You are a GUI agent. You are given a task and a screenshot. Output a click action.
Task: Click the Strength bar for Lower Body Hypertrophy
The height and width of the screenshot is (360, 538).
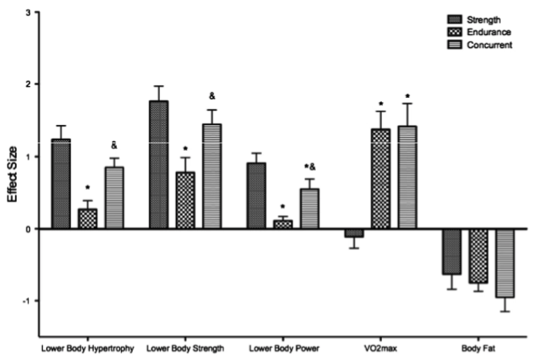tap(60, 184)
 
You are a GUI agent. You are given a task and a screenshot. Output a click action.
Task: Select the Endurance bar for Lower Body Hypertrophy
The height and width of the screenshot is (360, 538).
tap(88, 219)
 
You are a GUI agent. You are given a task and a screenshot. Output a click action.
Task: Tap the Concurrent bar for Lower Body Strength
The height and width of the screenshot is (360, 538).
tap(212, 176)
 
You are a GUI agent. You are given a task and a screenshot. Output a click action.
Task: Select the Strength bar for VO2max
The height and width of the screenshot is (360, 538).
tap(353, 233)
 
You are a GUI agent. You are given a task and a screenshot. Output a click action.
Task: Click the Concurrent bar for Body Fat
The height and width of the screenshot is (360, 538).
tap(506, 263)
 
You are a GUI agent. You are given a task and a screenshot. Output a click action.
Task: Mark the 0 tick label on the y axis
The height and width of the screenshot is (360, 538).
tap(29, 229)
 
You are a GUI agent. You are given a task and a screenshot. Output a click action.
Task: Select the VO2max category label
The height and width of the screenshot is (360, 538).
tap(377, 347)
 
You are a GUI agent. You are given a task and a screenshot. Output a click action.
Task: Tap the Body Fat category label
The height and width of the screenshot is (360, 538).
tap(478, 347)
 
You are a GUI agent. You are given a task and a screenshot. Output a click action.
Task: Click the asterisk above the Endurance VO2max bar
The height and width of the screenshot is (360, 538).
tap(381, 104)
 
